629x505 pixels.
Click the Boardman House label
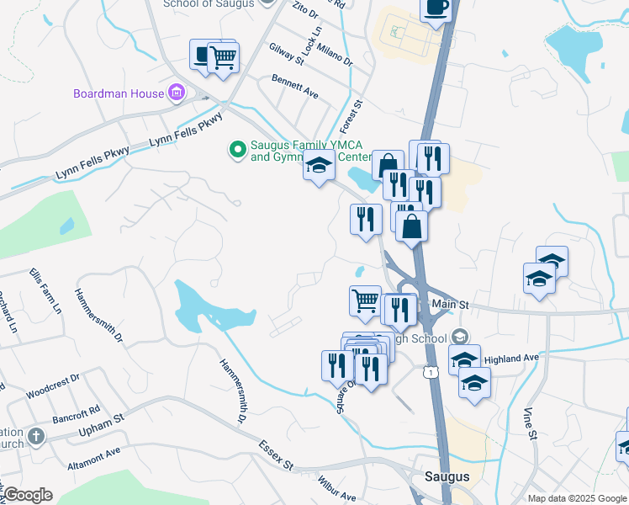[119, 93]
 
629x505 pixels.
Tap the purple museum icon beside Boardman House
[176, 93]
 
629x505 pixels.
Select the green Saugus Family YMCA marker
[238, 151]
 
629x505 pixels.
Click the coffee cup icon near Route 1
[435, 8]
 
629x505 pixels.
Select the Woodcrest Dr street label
[52, 385]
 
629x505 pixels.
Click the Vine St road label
[530, 423]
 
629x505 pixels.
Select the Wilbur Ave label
[336, 489]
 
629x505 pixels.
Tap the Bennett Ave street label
[294, 87]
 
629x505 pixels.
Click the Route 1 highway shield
[432, 370]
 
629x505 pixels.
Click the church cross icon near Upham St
[34, 437]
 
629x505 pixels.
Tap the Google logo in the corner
[28, 495]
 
